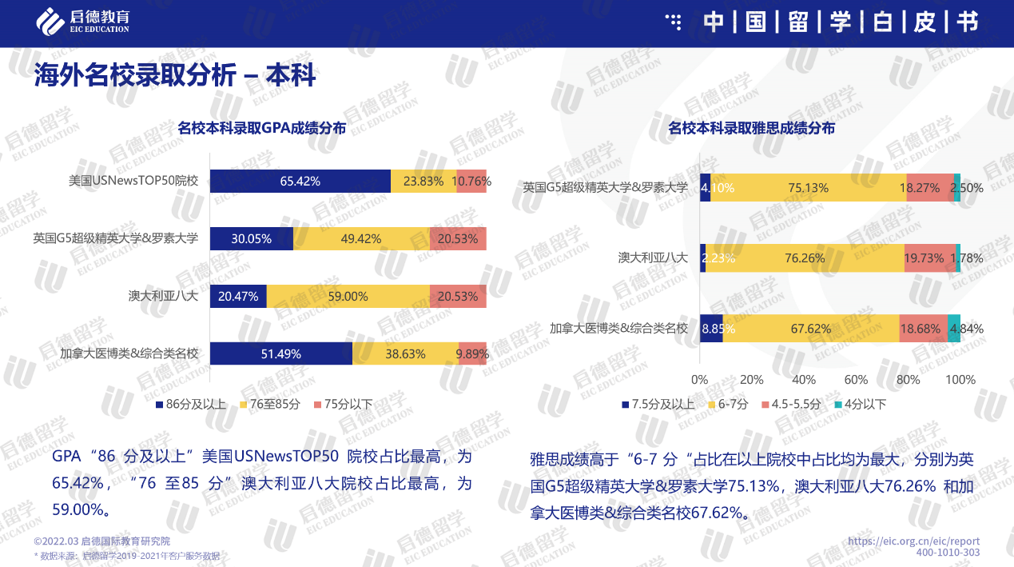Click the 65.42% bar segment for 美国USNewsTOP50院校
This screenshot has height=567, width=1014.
pyautogui.click(x=300, y=182)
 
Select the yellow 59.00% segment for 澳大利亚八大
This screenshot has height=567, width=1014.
pyautogui.click(x=348, y=296)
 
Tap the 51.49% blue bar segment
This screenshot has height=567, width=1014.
pyautogui.click(x=280, y=353)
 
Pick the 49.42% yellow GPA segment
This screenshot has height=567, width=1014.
pyautogui.click(x=361, y=238)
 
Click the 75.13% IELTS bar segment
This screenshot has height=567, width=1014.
pyautogui.click(x=808, y=187)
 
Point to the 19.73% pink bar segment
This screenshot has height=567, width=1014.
pyautogui.click(x=929, y=258)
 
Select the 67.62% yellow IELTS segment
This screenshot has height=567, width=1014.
pyautogui.click(x=810, y=328)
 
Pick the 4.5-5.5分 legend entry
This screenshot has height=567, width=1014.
pyautogui.click(x=791, y=404)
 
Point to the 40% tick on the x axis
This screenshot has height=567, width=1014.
pyautogui.click(x=804, y=379)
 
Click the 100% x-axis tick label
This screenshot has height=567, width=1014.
pyautogui.click(x=960, y=379)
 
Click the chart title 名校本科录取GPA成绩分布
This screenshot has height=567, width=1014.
pyautogui.click(x=261, y=128)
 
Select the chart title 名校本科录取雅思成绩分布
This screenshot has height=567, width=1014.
pyautogui.click(x=751, y=128)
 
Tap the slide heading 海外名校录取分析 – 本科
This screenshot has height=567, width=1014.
pyautogui.click(x=175, y=76)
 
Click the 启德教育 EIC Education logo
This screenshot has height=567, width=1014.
pyautogui.click(x=83, y=21)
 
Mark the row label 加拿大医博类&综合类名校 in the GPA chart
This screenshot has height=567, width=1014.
pyautogui.click(x=129, y=353)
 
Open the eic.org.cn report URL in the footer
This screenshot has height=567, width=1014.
pyautogui.click(x=913, y=541)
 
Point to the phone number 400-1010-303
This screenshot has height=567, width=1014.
pyautogui.click(x=948, y=553)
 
